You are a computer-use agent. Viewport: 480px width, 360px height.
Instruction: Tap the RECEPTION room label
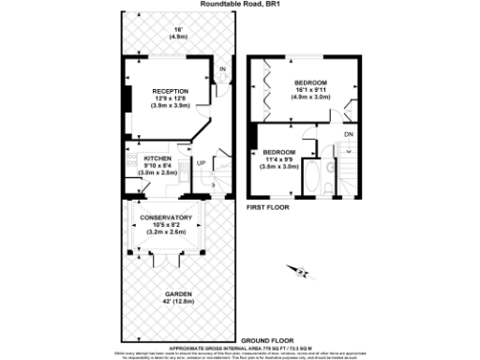[172, 90]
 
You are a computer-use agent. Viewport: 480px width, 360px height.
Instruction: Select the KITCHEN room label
[157, 159]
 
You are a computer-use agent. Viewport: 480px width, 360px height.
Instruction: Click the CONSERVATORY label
[165, 218]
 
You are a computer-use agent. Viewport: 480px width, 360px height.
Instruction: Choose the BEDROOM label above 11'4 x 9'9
[278, 152]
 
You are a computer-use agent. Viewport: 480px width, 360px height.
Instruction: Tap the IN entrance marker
[222, 69]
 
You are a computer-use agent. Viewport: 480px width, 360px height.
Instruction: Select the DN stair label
[349, 133]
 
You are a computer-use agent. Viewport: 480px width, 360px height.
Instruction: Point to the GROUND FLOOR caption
[268, 339]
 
